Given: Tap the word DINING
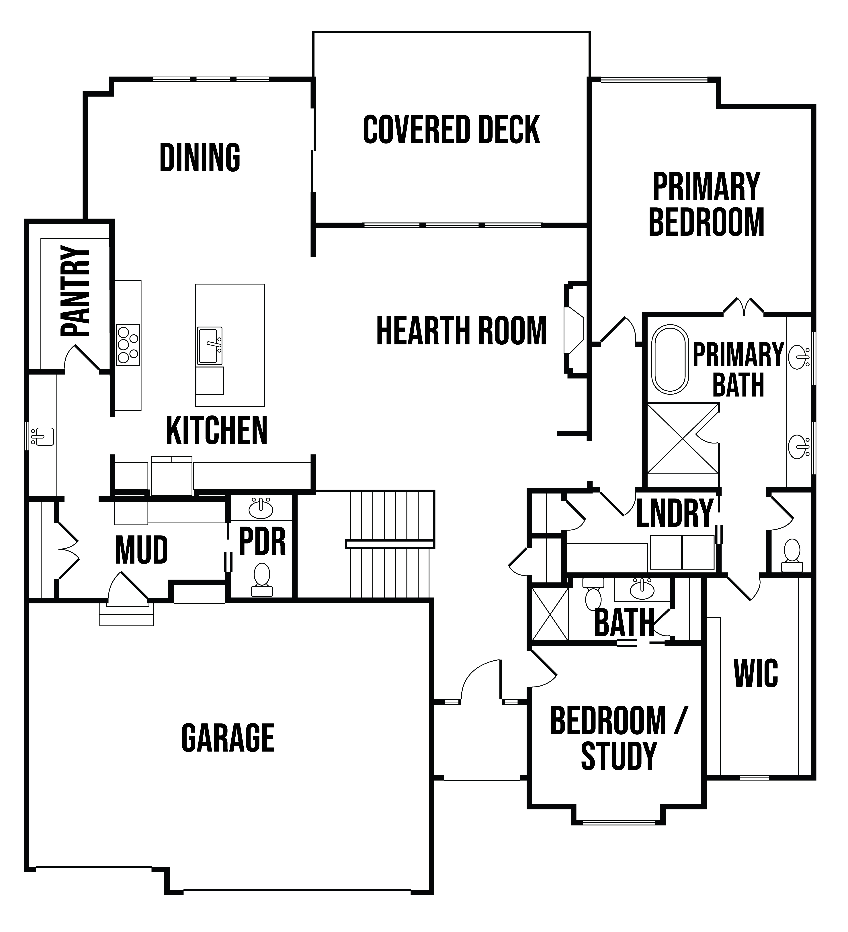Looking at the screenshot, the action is point(200,158).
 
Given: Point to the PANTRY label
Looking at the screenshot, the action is point(75,291).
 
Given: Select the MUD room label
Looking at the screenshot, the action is point(142,550).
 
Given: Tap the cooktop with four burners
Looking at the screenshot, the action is point(128,345).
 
